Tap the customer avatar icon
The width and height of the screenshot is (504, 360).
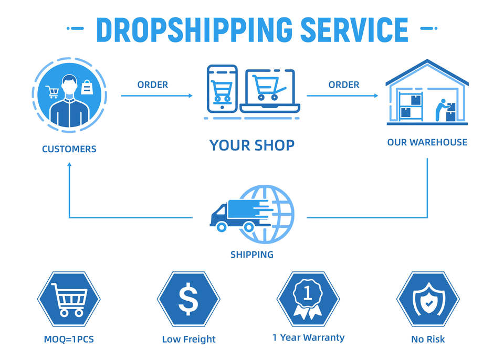tap(69, 95)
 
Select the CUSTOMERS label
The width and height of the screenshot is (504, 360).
tap(69, 149)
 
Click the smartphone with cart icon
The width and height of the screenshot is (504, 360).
tap(222, 88)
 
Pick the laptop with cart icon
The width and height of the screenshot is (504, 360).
tap(270, 92)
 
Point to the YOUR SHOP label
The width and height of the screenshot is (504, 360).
tap(252, 145)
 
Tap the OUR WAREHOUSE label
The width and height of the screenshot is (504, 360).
tap(427, 142)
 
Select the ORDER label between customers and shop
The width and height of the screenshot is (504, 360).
tap(153, 84)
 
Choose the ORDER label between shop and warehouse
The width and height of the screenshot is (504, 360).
tap(344, 84)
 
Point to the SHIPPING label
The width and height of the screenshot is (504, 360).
tap(252, 255)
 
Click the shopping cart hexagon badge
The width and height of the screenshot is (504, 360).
tap(69, 299)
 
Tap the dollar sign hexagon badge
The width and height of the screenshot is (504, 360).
tap(188, 299)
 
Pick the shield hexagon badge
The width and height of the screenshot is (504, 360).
tap(427, 299)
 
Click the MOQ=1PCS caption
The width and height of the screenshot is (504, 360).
tap(69, 339)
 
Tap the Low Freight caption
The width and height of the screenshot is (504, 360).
tap(188, 339)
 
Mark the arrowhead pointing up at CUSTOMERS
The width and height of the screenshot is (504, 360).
tap(69, 165)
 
